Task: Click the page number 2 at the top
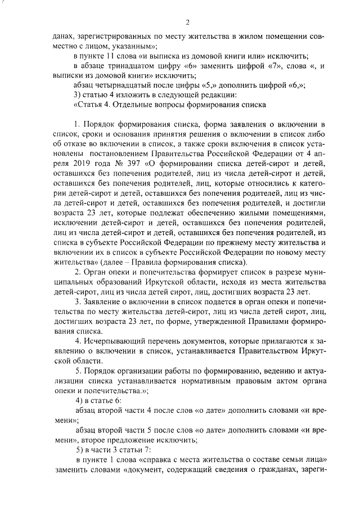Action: [x=187, y=22]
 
